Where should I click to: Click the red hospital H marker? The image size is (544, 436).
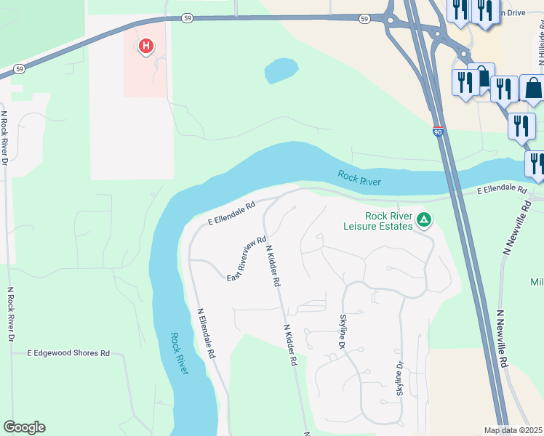[x=146, y=47]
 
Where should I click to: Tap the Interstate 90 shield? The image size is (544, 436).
[x=438, y=132]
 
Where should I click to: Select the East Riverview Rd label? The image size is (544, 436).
[x=247, y=258]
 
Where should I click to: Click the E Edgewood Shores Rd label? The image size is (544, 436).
[x=68, y=353]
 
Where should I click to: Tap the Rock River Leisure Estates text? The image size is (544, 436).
[x=378, y=221]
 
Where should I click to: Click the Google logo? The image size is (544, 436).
[x=24, y=427]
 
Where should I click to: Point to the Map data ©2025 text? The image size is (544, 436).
[x=513, y=430]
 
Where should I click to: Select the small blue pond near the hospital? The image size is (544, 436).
[x=281, y=70]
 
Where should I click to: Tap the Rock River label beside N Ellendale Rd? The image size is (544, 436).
[x=179, y=354]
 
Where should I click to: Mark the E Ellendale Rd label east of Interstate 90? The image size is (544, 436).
[x=502, y=189]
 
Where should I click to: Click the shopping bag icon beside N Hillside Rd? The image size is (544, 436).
[x=533, y=89]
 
